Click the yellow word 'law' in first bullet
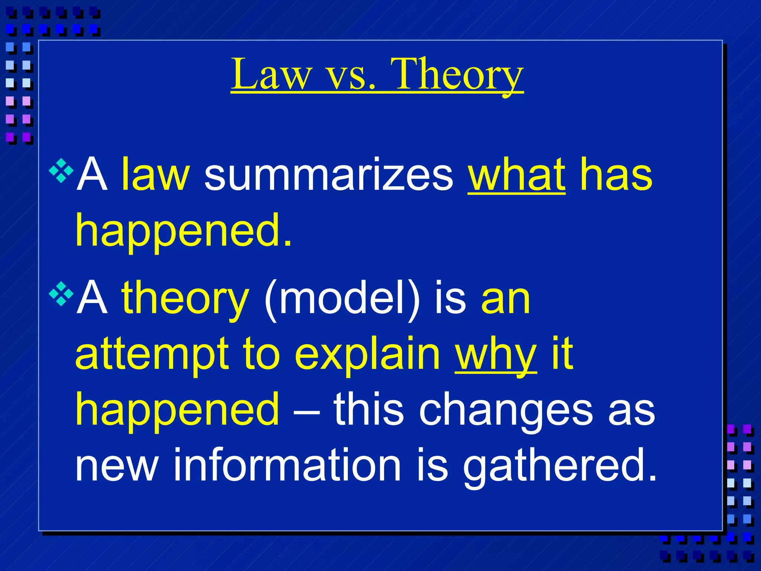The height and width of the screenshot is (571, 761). coord(156,174)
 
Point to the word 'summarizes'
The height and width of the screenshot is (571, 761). coord(329,175)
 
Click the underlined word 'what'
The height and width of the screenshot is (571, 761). coord(516,174)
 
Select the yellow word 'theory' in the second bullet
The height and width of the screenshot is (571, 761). coord(185,299)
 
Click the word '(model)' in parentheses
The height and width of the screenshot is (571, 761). coord(342,299)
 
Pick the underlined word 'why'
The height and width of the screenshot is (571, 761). coord(496,355)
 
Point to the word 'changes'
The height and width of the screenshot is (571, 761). coord(506,411)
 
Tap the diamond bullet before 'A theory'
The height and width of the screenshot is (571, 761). coord(61,294)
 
